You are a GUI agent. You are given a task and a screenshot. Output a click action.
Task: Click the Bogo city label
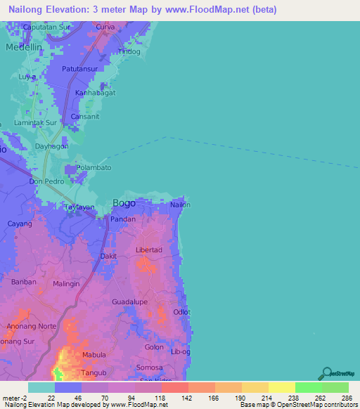124,203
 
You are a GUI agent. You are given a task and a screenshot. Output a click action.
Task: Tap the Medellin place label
25,46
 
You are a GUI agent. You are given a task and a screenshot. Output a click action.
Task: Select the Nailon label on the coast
181,205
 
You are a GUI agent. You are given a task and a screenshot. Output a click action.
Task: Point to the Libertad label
148,250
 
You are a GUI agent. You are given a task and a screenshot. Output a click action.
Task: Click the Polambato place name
94,168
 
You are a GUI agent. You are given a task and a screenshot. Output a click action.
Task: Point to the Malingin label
67,283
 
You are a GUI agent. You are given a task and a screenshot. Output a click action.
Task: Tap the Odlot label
182,311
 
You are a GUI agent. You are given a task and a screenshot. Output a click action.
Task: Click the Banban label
23,282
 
